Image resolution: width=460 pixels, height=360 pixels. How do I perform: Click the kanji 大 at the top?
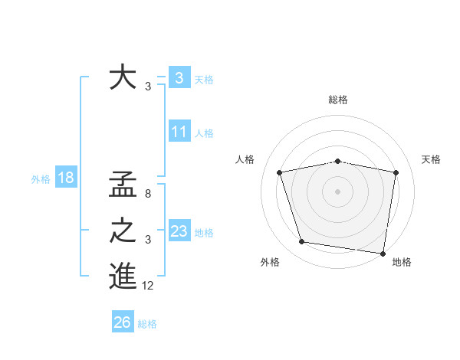tap(123, 79)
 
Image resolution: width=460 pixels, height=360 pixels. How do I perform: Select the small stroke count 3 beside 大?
tap(148, 87)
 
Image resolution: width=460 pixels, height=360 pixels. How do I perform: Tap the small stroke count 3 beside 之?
tap(148, 241)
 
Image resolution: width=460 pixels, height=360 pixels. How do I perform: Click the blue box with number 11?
tap(179, 132)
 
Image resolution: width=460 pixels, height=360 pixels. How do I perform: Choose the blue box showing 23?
tap(179, 231)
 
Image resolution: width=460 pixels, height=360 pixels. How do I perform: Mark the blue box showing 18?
tap(65, 178)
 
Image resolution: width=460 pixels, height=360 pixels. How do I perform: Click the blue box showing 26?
tap(123, 322)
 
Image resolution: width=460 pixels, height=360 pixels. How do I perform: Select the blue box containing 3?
tap(179, 77)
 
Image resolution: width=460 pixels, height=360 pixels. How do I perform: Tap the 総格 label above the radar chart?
tap(337, 100)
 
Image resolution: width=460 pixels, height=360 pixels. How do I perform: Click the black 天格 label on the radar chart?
tap(431, 159)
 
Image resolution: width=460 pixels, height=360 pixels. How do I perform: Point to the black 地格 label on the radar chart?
tap(402, 262)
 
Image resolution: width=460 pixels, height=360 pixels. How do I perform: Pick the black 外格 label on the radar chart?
tap(270, 262)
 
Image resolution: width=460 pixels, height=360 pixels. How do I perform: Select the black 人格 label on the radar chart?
tap(245, 159)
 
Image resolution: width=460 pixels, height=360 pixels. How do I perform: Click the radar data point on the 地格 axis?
tap(383, 253)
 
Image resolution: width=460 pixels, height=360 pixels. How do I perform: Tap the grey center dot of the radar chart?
tap(337, 191)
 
